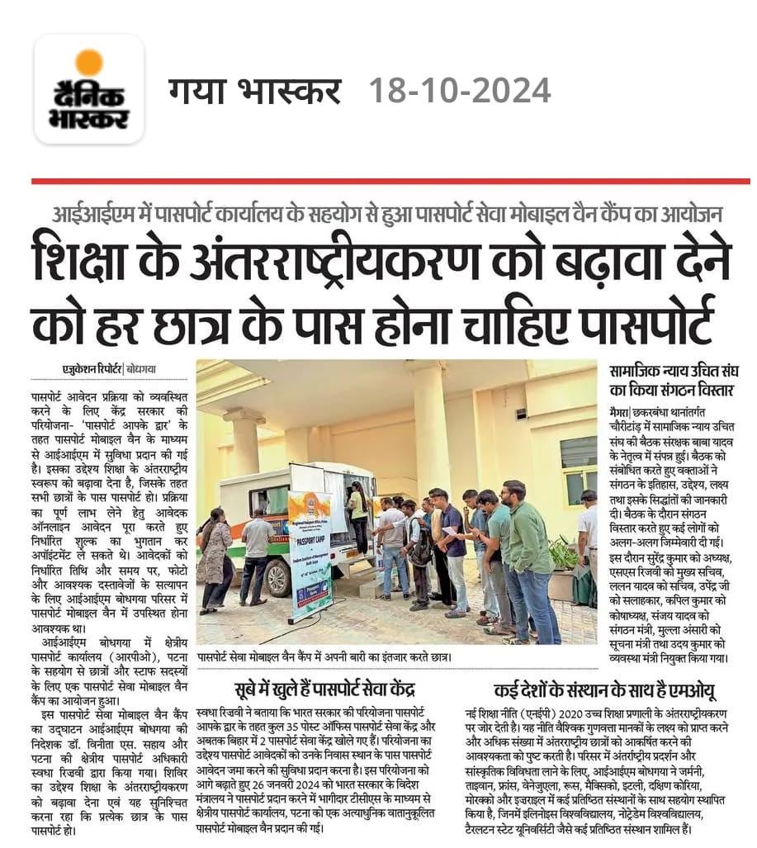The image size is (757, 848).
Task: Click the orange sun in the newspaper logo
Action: tap(88, 64)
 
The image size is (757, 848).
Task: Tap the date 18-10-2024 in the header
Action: tap(459, 90)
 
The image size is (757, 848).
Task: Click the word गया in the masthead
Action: tap(199, 90)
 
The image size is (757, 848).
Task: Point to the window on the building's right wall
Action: tap(577, 463)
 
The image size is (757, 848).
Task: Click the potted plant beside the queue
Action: tap(565, 561)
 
